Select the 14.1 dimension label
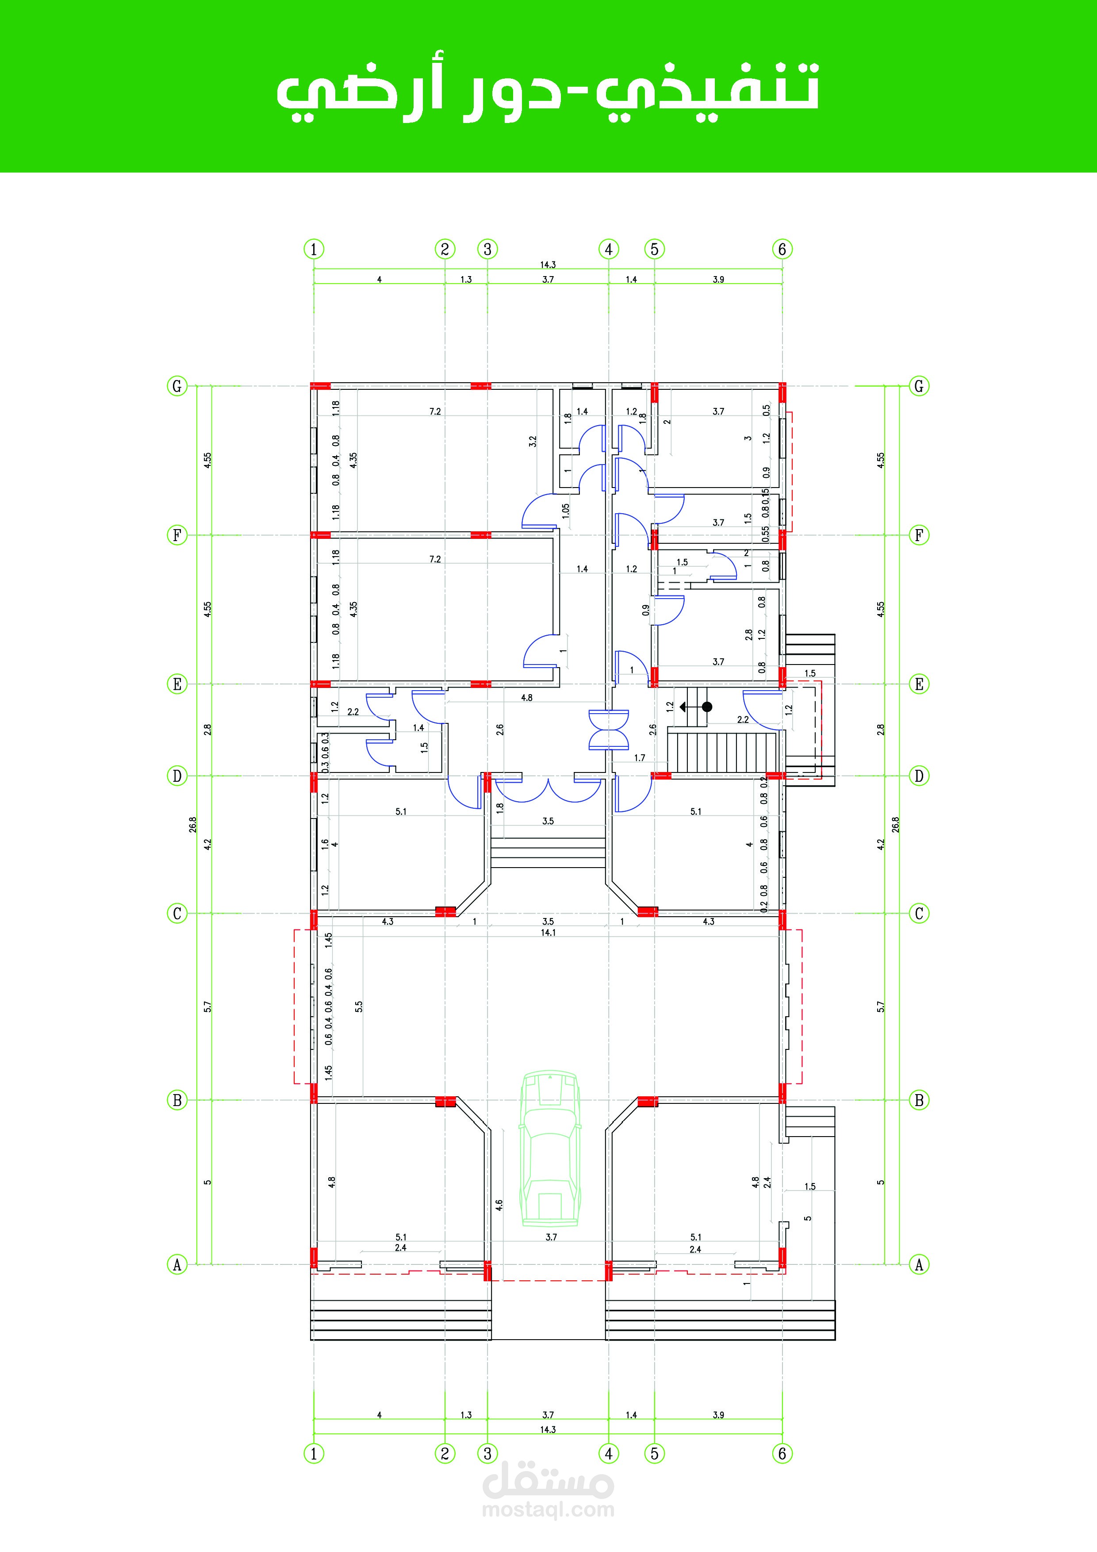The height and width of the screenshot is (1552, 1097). point(548,933)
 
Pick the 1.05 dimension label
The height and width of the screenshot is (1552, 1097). point(566,511)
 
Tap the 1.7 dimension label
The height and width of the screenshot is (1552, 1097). point(640,758)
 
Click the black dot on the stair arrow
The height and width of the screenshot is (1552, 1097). point(707,707)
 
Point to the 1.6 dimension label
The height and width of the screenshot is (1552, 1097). point(325,844)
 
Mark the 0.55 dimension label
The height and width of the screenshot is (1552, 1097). point(766,534)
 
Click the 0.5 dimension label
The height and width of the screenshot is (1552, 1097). point(766,410)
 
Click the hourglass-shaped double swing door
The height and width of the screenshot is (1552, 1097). point(609,730)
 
